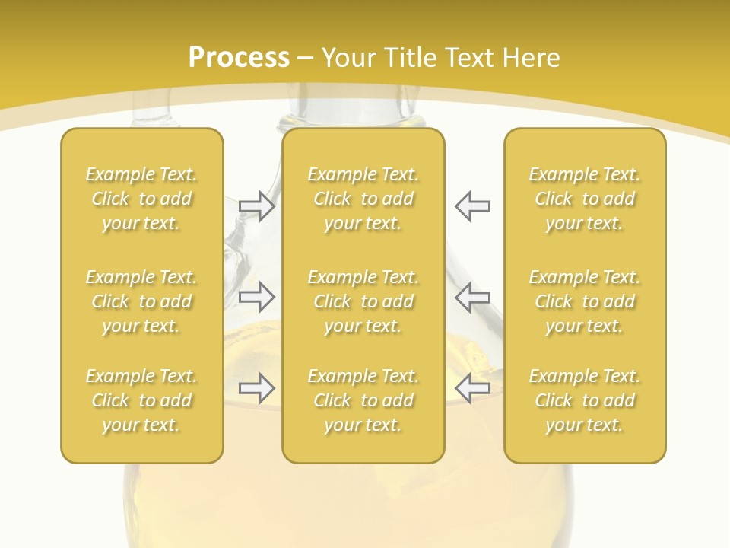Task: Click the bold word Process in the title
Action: pyautogui.click(x=239, y=58)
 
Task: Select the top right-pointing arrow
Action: pyautogui.click(x=257, y=206)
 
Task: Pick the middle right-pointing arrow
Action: pyautogui.click(x=257, y=297)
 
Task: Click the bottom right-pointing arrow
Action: pyautogui.click(x=257, y=388)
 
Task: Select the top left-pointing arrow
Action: pyautogui.click(x=472, y=206)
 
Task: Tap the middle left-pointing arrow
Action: pyautogui.click(x=472, y=297)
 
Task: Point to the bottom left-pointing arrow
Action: pyautogui.click(x=472, y=388)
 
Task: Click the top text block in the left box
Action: pyautogui.click(x=141, y=199)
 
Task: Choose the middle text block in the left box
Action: pyautogui.click(x=141, y=301)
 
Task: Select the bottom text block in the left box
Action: pyautogui.click(x=141, y=400)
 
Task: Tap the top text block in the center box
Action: pyautogui.click(x=363, y=199)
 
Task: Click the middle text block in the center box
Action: pyautogui.click(x=363, y=301)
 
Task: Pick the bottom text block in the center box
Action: pyautogui.click(x=363, y=400)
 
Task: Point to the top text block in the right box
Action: pyautogui.click(x=584, y=199)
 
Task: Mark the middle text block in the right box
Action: pyautogui.click(x=584, y=301)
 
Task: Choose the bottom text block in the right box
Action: pyautogui.click(x=584, y=400)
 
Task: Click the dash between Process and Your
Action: pyautogui.click(x=306, y=59)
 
